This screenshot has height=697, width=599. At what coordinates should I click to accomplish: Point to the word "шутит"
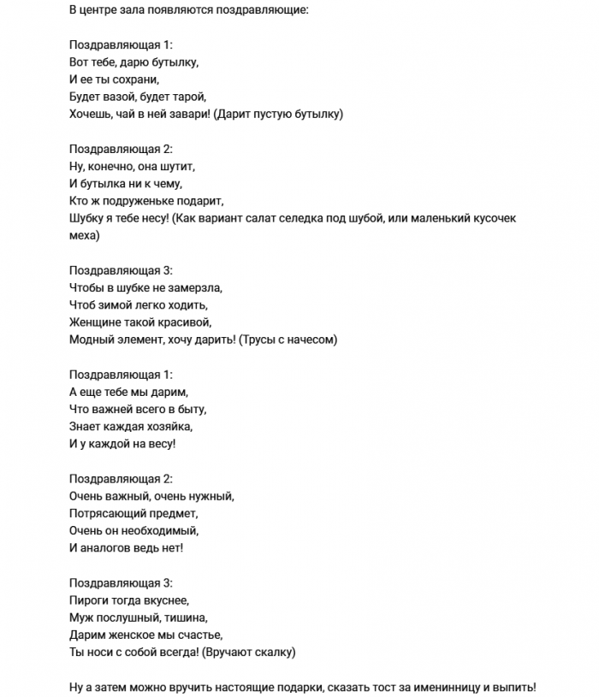click(x=178, y=166)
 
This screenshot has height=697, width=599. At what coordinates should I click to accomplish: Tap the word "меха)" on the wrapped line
click(x=85, y=235)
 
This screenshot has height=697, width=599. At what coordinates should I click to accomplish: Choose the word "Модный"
click(x=90, y=340)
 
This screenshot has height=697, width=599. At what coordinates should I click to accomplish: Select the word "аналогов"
click(x=106, y=548)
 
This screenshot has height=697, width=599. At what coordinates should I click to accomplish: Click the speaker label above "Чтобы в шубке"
click(x=121, y=270)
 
